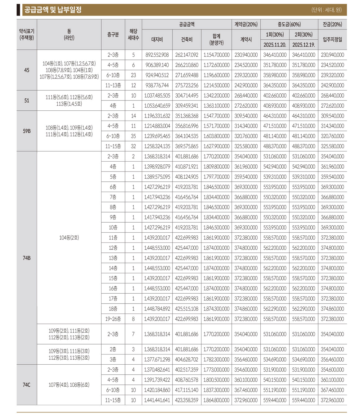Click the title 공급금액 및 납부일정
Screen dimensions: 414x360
click(53, 10)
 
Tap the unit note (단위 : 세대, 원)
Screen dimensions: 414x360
click(326, 10)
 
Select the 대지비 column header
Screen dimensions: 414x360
click(157, 39)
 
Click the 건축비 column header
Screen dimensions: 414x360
click(187, 39)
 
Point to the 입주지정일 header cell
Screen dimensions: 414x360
click(332, 39)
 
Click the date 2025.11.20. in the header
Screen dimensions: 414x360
click(275, 45)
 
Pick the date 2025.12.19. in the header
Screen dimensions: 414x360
click(304, 45)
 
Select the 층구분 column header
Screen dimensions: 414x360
click(113, 34)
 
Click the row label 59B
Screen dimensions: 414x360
click(27, 131)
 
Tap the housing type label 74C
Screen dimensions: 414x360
click(27, 385)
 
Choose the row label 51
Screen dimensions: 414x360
click(27, 100)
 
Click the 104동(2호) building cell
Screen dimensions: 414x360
click(69, 238)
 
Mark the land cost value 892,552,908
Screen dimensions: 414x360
click(157, 55)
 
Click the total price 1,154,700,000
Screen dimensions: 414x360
click(217, 55)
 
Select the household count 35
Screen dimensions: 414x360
click(133, 136)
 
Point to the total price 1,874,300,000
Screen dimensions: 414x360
click(217, 309)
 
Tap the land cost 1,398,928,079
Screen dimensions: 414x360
click(157, 167)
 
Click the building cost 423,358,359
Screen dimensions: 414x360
click(187, 400)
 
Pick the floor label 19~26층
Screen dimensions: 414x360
click(113, 319)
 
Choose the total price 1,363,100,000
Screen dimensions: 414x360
click(217, 106)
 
